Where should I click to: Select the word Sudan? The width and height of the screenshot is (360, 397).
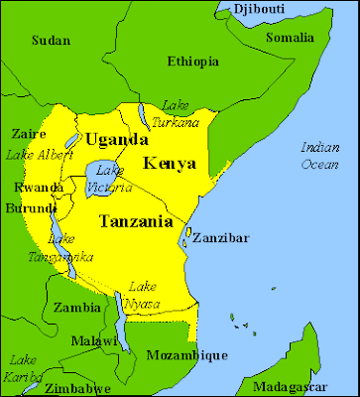tap(51, 41)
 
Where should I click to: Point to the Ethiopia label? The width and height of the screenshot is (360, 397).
tap(192, 62)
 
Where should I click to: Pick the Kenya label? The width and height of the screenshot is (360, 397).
tap(169, 163)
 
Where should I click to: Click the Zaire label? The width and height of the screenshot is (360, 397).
tap(21, 133)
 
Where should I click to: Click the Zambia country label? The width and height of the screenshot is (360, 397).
tap(76, 308)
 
